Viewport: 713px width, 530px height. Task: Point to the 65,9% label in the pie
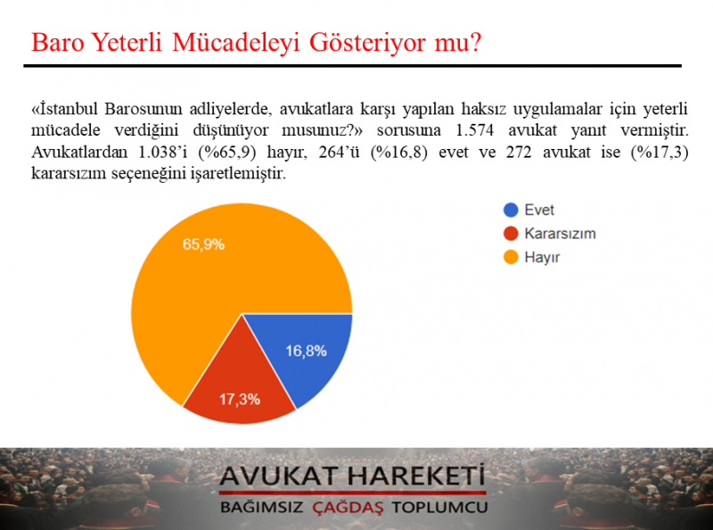click(x=203, y=244)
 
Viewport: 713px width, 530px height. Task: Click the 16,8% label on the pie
click(x=306, y=351)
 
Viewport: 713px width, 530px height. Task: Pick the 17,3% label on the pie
click(x=240, y=400)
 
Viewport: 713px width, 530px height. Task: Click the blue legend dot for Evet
click(x=511, y=210)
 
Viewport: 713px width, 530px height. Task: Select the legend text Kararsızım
click(x=560, y=234)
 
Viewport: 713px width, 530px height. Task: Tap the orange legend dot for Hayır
click(x=511, y=257)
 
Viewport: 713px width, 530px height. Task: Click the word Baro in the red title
click(x=58, y=43)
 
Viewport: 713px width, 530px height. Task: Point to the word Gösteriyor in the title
click(x=368, y=43)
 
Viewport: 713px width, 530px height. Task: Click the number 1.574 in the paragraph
click(x=474, y=130)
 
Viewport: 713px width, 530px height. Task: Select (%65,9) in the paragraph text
click(x=227, y=152)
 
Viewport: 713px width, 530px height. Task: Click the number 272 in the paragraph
click(x=519, y=152)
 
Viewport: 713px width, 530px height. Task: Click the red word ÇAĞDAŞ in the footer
click(x=348, y=507)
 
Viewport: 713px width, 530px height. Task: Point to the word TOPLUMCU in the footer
click(x=439, y=507)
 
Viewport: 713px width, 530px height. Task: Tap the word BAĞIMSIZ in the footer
click(x=261, y=507)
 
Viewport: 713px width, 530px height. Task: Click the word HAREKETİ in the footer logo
click(x=416, y=476)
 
